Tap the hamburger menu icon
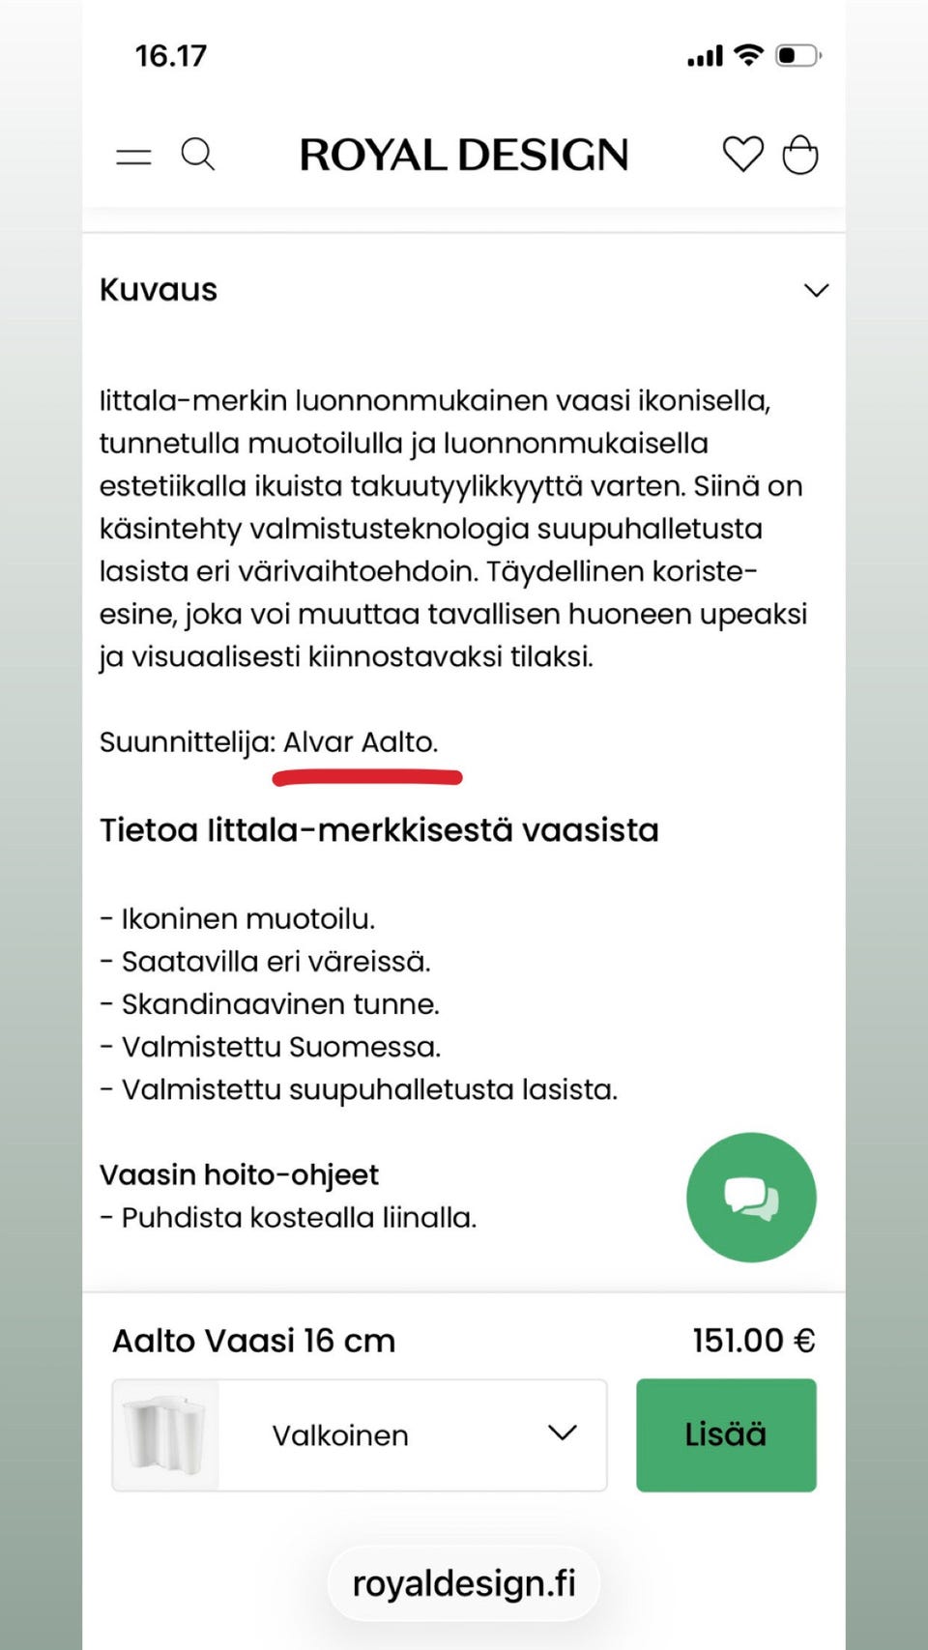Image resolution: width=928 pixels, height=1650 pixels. [x=133, y=157]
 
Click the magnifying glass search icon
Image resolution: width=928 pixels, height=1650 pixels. [x=198, y=155]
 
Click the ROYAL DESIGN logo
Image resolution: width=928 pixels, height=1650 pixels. [x=464, y=155]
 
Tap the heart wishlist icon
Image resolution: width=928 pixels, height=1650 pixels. [x=742, y=155]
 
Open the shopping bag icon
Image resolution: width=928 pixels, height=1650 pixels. [x=800, y=155]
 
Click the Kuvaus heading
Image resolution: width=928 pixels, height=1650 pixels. [x=159, y=290]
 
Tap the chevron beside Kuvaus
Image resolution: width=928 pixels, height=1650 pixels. [x=817, y=290]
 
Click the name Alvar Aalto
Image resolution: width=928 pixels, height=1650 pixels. [x=360, y=742]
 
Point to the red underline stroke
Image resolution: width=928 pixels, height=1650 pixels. [x=367, y=777]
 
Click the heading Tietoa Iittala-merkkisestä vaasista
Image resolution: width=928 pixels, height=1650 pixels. [x=379, y=830]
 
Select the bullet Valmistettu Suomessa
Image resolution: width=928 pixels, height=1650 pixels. [x=280, y=1047]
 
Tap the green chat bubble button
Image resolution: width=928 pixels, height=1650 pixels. [x=751, y=1197]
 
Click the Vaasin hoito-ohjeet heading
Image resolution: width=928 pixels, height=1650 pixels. [x=239, y=1174]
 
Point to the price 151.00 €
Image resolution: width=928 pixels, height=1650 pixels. [x=754, y=1341]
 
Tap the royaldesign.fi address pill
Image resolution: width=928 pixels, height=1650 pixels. [x=464, y=1583]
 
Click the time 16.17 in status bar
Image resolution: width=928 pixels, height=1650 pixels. [x=171, y=56]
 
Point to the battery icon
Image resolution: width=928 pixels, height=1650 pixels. [x=798, y=55]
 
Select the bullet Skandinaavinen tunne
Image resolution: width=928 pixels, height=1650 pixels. [x=280, y=1004]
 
